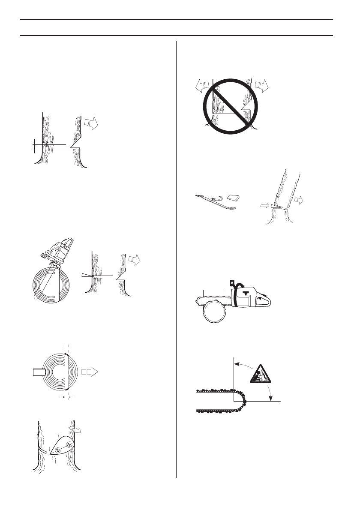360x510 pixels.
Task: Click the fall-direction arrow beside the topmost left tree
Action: tap(91, 123)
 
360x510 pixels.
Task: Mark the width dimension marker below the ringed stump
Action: tap(66, 397)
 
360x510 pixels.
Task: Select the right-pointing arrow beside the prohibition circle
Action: tap(261, 86)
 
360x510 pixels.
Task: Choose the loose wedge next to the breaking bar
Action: tap(234, 198)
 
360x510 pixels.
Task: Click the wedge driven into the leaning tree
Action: tap(275, 206)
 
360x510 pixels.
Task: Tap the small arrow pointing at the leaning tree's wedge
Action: tap(264, 206)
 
